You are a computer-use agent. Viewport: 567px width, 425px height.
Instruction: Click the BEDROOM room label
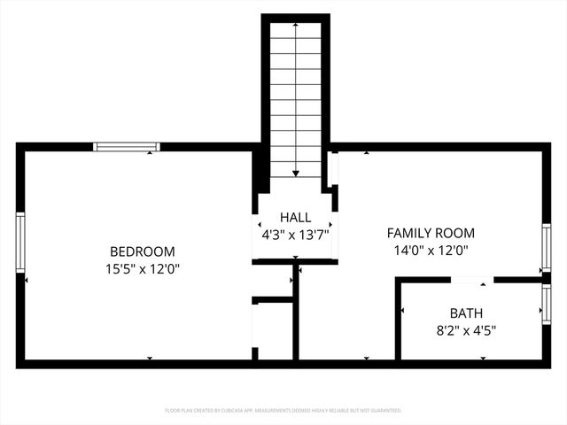pyautogui.click(x=142, y=251)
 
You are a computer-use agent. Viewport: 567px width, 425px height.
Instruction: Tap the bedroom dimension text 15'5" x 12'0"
pyautogui.click(x=142, y=267)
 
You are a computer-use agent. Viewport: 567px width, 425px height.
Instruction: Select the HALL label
pyautogui.click(x=295, y=218)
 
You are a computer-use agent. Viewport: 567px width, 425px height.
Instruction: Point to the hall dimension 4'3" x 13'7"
pyautogui.click(x=295, y=235)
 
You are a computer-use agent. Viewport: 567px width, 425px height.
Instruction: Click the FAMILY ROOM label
pyautogui.click(x=431, y=233)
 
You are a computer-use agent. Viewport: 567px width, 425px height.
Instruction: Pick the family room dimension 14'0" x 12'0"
pyautogui.click(x=431, y=250)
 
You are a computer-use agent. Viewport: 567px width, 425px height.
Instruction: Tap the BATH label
pyautogui.click(x=466, y=313)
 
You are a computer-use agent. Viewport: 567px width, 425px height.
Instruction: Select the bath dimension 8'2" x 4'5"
pyautogui.click(x=466, y=330)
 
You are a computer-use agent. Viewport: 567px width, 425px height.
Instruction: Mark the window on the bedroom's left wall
pyautogui.click(x=20, y=242)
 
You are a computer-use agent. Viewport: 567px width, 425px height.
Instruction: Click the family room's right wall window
pyautogui.click(x=547, y=249)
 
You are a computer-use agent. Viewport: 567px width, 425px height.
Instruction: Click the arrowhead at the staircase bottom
pyautogui.click(x=295, y=174)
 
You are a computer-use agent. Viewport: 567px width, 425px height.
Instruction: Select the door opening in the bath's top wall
pyautogui.click(x=472, y=280)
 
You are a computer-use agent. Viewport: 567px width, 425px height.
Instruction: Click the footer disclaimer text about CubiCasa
pyautogui.click(x=283, y=411)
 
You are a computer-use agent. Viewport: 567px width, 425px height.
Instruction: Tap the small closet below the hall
pyautogui.click(x=274, y=329)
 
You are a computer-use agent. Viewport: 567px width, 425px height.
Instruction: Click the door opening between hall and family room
pyautogui.click(x=333, y=169)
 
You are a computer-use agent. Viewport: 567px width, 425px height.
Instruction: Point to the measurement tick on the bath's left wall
pyautogui.click(x=403, y=311)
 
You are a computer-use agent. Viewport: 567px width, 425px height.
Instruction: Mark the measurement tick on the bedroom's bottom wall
pyautogui.click(x=149, y=358)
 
